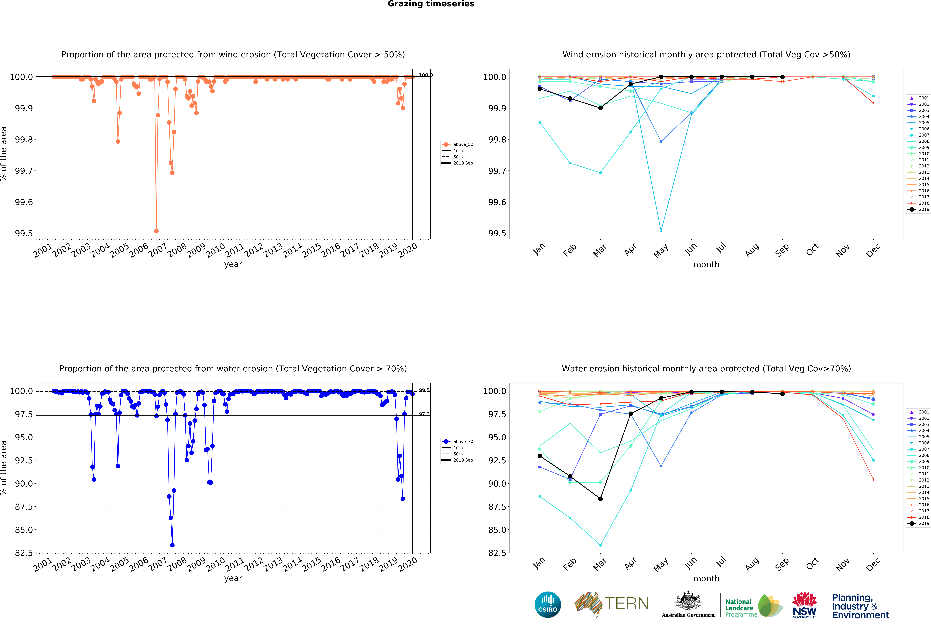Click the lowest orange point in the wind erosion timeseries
156,231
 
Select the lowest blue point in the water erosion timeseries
172,545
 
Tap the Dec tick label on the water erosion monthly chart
873,564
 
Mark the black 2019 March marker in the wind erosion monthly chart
600,108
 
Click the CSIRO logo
548,605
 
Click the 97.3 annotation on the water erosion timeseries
424,414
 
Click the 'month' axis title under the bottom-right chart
706,579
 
